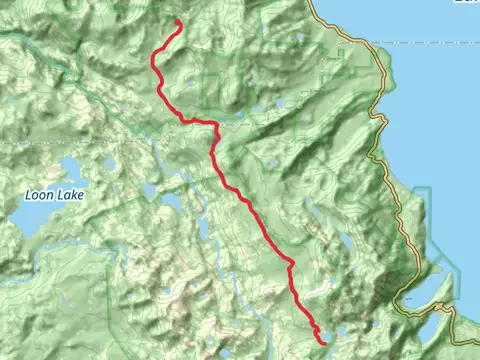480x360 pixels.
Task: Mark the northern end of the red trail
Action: pyautogui.click(x=178, y=22)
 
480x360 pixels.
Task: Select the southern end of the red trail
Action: pyautogui.click(x=322, y=342)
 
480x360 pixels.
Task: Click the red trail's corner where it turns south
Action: pyautogui.click(x=214, y=124)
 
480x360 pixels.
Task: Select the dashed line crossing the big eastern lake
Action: pyautogui.click(x=430, y=43)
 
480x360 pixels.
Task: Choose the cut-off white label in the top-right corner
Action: pyautogui.click(x=466, y=3)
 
